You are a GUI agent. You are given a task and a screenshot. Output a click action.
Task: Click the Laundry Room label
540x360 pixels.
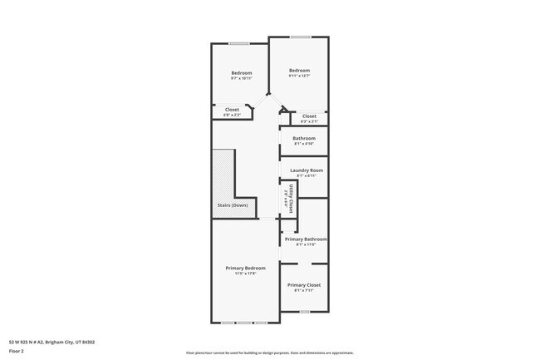(303, 170)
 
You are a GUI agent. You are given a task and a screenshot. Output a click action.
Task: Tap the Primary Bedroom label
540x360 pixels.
(246, 268)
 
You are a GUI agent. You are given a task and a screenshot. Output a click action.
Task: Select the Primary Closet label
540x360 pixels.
(304, 284)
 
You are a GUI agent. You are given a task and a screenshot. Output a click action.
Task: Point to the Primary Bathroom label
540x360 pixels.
(306, 239)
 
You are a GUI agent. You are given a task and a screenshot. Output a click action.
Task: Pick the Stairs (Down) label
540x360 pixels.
(227, 205)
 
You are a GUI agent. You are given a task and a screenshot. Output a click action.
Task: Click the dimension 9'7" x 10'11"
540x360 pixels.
(241, 78)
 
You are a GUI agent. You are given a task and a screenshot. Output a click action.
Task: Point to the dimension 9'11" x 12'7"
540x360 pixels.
(299, 76)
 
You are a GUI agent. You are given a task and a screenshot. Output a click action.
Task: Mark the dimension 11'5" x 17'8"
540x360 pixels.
(246, 274)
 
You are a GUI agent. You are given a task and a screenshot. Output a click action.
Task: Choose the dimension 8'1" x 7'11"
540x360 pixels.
(304, 290)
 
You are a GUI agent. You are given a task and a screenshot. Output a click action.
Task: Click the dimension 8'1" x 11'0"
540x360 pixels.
(306, 244)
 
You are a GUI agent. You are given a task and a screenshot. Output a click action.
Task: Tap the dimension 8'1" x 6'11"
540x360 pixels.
(303, 176)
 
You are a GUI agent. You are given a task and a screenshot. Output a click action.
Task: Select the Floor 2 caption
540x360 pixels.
(17, 351)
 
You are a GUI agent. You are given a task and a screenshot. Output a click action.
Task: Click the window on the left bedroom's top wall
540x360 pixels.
(239, 43)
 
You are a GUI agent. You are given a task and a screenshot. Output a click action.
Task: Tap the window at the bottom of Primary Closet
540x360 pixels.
(304, 311)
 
